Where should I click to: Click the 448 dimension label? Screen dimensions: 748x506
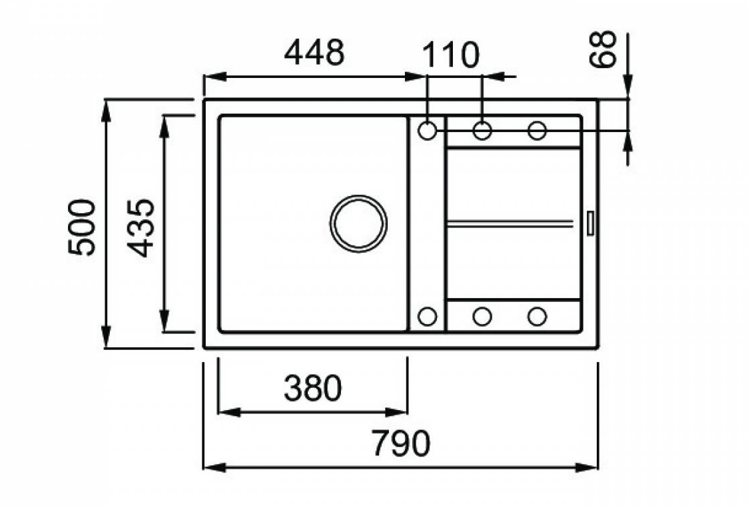(x=314, y=53)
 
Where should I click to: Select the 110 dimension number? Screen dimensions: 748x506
(x=450, y=55)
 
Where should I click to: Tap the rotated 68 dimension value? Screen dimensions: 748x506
(x=603, y=49)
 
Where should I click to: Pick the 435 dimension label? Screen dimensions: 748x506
(x=141, y=228)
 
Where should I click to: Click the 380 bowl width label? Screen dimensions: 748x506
(x=313, y=388)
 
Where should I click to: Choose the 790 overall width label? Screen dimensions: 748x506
(x=401, y=443)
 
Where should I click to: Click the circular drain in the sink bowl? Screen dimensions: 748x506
(x=358, y=223)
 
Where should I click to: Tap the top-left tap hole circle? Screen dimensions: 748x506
(x=427, y=130)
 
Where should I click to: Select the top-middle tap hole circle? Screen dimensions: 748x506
(x=482, y=130)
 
